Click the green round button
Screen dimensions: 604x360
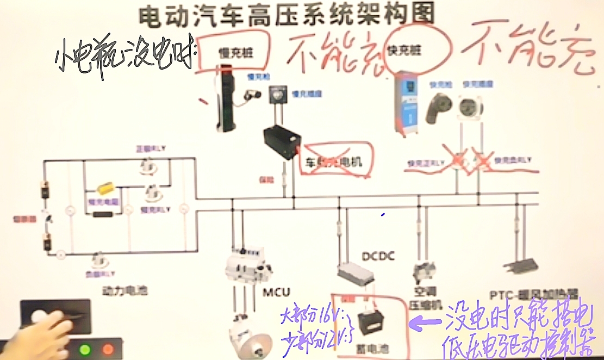(x=85, y=348)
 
